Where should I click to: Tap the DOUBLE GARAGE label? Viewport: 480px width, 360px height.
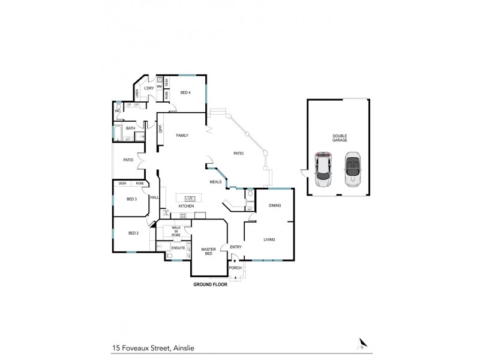340,137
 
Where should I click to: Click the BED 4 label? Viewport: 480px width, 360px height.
185,92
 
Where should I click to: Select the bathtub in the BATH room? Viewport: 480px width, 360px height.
118,133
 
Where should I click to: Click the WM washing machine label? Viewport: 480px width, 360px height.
159,87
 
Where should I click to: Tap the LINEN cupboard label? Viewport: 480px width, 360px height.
137,93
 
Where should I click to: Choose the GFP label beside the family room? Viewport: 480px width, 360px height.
160,128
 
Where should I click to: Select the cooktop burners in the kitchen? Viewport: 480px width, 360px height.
166,213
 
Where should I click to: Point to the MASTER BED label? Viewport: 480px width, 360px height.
208,252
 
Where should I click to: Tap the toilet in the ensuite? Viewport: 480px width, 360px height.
170,256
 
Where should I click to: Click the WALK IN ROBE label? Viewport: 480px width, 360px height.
176,231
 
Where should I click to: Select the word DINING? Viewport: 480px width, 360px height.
275,206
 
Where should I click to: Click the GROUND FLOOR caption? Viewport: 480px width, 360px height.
209,285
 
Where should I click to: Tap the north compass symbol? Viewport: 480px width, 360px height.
362,343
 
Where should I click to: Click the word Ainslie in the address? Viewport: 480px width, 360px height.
180,347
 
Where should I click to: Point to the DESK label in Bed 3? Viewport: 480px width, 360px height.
122,183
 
